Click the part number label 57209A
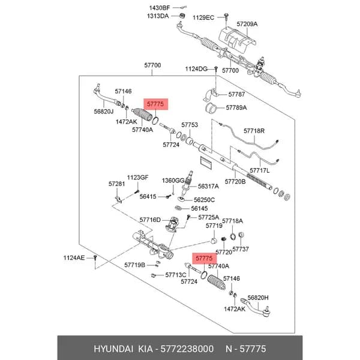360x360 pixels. [247, 24]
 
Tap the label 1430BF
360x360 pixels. [160, 8]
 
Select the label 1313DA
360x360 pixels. [158, 16]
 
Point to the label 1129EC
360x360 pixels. [203, 17]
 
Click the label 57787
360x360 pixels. [236, 94]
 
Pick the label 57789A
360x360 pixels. [236, 107]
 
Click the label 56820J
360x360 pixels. [104, 112]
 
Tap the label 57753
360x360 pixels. [190, 125]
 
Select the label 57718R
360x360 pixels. [254, 131]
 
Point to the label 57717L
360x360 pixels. [259, 170]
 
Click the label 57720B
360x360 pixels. [235, 182]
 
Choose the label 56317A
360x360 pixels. [208, 187]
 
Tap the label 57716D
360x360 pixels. [150, 220]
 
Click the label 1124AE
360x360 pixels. [74, 258]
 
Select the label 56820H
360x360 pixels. [258, 298]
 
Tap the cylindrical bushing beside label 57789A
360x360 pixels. [211, 108]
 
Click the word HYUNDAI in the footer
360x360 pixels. [113, 349]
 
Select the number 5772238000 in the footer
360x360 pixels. [187, 349]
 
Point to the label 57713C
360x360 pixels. [176, 275]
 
